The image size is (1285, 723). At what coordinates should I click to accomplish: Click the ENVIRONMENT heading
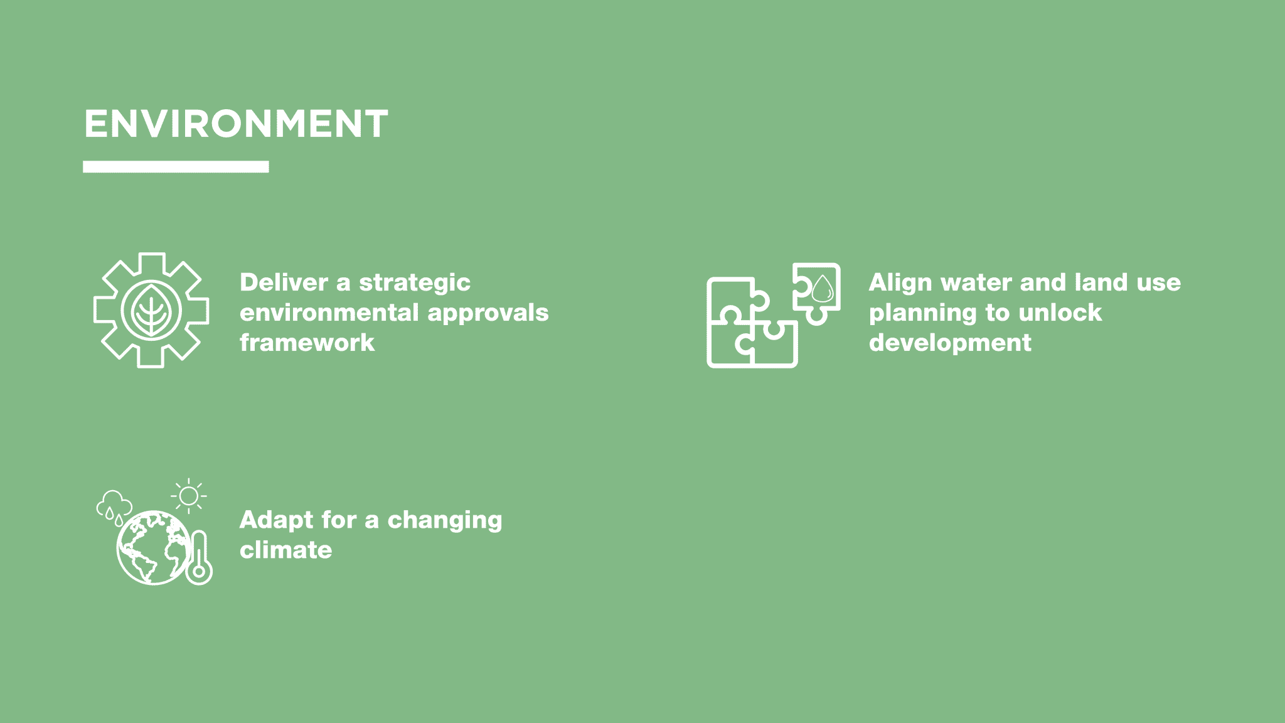coord(236,124)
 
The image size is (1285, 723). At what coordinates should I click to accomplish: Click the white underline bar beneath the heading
coord(176,167)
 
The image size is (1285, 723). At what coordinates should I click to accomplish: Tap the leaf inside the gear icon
coord(151,310)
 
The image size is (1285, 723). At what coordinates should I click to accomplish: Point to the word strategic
coord(415,284)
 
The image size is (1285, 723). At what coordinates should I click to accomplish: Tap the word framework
coord(307,343)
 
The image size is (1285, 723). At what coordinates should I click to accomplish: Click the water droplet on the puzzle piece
coord(823,289)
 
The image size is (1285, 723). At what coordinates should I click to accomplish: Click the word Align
coord(900,284)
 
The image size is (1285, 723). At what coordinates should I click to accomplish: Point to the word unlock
coord(1060,313)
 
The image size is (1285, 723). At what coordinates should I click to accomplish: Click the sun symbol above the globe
coord(188,496)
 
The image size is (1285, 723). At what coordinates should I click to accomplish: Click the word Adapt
coord(276,521)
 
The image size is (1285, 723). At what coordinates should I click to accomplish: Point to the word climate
coord(286,550)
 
